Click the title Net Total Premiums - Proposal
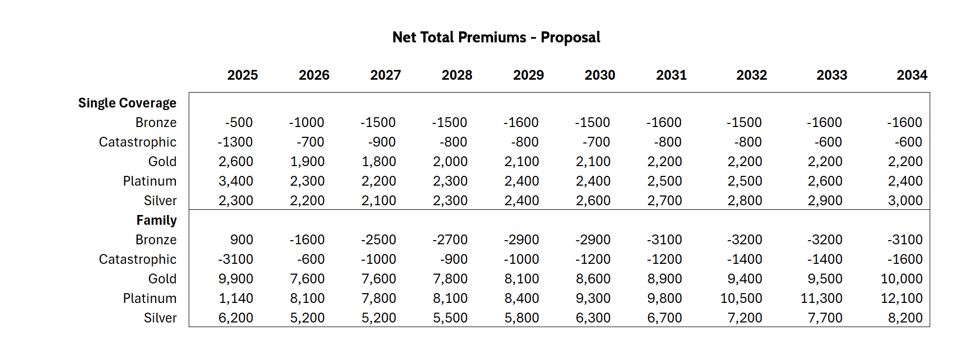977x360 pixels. (496, 38)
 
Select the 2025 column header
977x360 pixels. (242, 75)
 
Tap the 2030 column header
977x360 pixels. (600, 75)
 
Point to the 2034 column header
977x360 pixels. (912, 75)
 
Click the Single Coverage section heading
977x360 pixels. (127, 103)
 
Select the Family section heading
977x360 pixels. (156, 220)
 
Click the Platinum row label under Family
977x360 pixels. (150, 298)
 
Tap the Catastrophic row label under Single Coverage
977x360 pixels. (137, 142)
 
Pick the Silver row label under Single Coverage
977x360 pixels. (160, 201)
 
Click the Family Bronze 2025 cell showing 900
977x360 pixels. (241, 240)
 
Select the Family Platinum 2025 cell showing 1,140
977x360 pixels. (236, 298)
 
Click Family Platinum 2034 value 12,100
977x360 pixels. (901, 298)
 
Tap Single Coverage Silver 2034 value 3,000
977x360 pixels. (904, 201)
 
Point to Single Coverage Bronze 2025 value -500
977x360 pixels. (239, 122)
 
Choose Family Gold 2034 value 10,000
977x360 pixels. (901, 279)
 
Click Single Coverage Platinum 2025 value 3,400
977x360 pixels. (236, 181)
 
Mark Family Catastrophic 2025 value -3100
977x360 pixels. (235, 259)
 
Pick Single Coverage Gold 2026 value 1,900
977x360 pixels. (307, 161)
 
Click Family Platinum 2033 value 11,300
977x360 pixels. (821, 298)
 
